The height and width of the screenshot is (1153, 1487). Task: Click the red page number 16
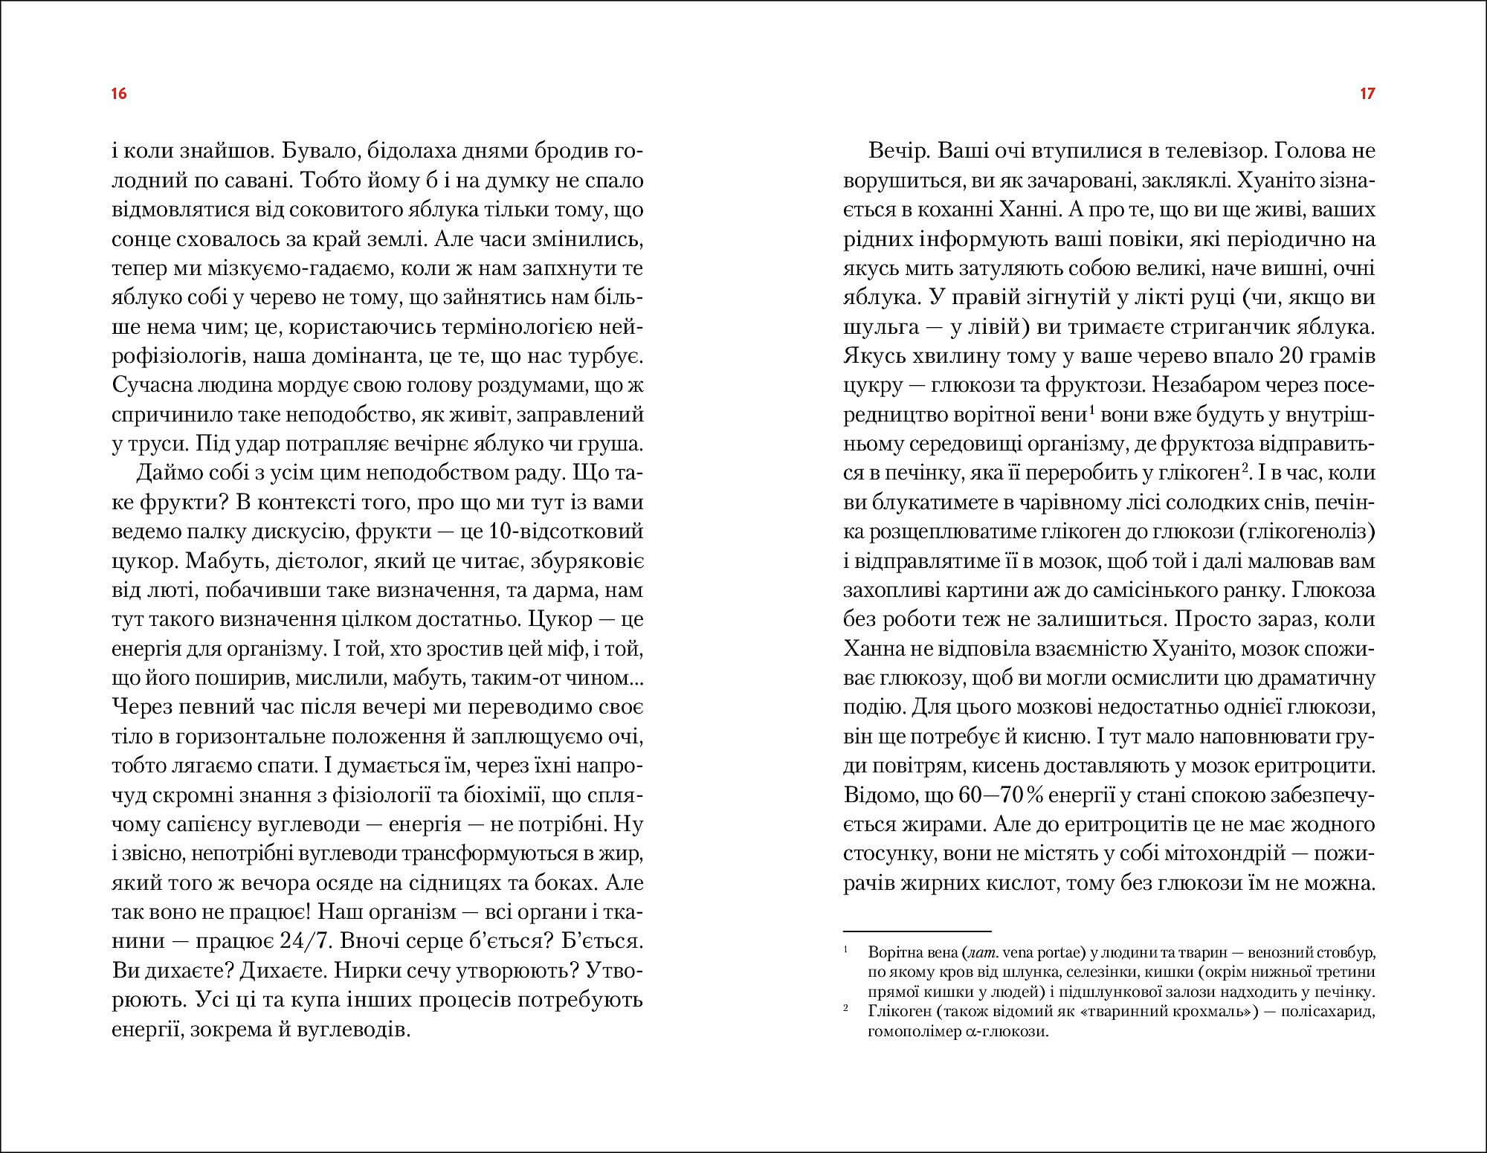119,94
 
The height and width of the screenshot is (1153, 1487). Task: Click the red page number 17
1367,94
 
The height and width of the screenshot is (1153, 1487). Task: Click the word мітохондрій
1207,854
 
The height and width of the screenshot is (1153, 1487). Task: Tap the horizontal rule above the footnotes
917,931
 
